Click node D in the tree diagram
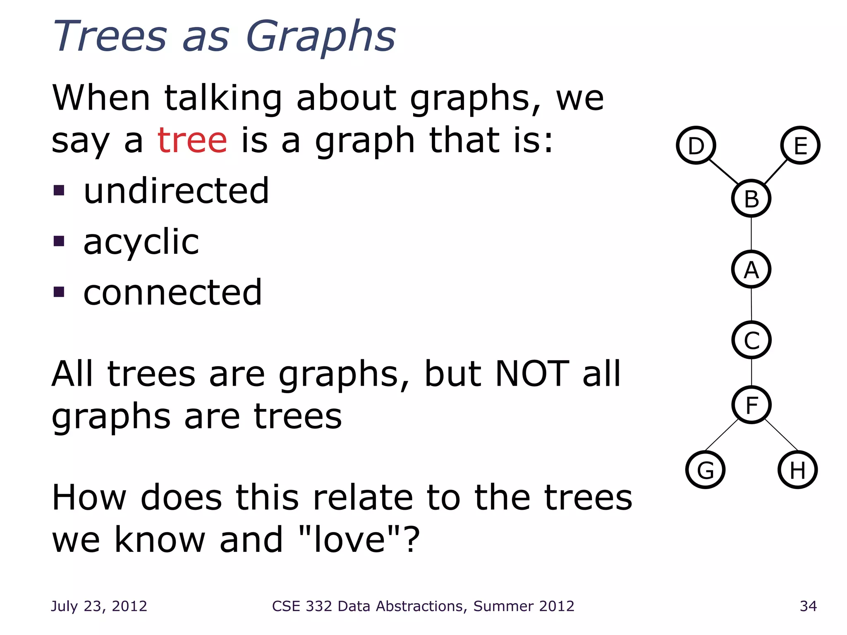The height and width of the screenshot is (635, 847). pos(696,146)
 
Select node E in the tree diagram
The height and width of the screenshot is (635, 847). pos(800,146)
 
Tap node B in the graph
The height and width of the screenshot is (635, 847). pos(751,199)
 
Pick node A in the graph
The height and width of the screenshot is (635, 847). pos(751,270)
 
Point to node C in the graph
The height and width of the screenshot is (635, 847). pos(751,340)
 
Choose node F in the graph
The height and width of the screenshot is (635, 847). pos(751,405)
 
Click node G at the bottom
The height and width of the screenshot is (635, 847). pos(705,470)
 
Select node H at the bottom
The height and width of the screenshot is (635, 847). pos(797,470)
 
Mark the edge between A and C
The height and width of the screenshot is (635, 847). pos(751,305)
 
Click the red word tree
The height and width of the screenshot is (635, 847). pos(192,141)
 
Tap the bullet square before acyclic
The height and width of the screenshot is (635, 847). pos(59,241)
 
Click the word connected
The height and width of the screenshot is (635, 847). pos(172,293)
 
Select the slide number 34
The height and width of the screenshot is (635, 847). pos(808,606)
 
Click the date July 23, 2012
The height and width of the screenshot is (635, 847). pos(99,606)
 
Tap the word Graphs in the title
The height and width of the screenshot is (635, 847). pos(321,37)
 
